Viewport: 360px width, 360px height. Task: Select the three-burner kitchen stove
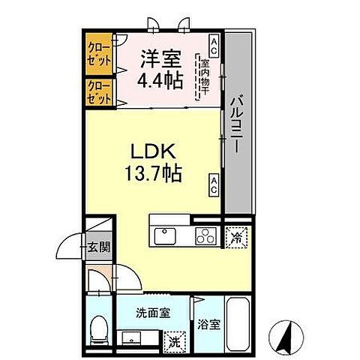[205, 237]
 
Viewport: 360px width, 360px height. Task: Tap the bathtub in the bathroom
[239, 321]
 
